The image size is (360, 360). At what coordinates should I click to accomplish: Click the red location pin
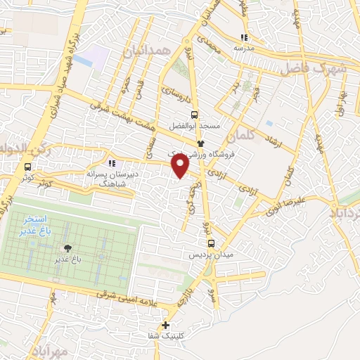[181, 165]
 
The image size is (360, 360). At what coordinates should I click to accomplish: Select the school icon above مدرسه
[244, 38]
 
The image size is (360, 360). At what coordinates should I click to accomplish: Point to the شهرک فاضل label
[314, 70]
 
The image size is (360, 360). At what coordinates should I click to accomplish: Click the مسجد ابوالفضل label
[194, 126]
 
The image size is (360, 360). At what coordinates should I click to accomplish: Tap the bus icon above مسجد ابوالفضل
[194, 115]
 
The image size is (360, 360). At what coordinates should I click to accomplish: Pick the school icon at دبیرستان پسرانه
[111, 163]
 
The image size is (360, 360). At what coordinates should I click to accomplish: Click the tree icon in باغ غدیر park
[67, 247]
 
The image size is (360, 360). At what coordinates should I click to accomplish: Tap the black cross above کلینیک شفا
[165, 325]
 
